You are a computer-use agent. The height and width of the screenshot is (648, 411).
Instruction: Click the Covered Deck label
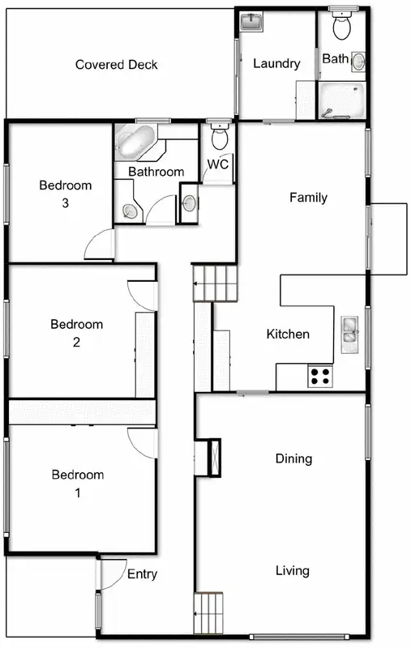click(116, 65)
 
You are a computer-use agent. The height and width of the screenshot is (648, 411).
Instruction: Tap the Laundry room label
click(276, 64)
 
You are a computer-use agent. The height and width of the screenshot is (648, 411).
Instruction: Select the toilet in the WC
click(218, 137)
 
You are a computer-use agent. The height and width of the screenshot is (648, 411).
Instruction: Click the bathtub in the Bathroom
click(136, 143)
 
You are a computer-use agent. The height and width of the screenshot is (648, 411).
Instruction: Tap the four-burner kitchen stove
click(320, 376)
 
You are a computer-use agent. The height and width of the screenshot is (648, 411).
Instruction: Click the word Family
click(308, 198)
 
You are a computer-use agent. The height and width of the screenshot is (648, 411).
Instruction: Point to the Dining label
click(293, 459)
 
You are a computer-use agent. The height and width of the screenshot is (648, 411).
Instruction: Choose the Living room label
click(292, 571)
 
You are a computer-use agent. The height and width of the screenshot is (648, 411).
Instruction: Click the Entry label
click(142, 574)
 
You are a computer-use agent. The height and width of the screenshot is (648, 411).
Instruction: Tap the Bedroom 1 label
click(78, 483)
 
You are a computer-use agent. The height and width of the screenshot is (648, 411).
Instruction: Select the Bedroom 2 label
click(77, 333)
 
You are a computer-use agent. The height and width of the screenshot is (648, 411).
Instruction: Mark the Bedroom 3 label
click(66, 194)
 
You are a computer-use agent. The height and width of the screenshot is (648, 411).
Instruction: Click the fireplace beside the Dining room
click(213, 456)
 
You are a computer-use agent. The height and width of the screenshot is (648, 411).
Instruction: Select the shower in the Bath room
click(340, 100)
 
